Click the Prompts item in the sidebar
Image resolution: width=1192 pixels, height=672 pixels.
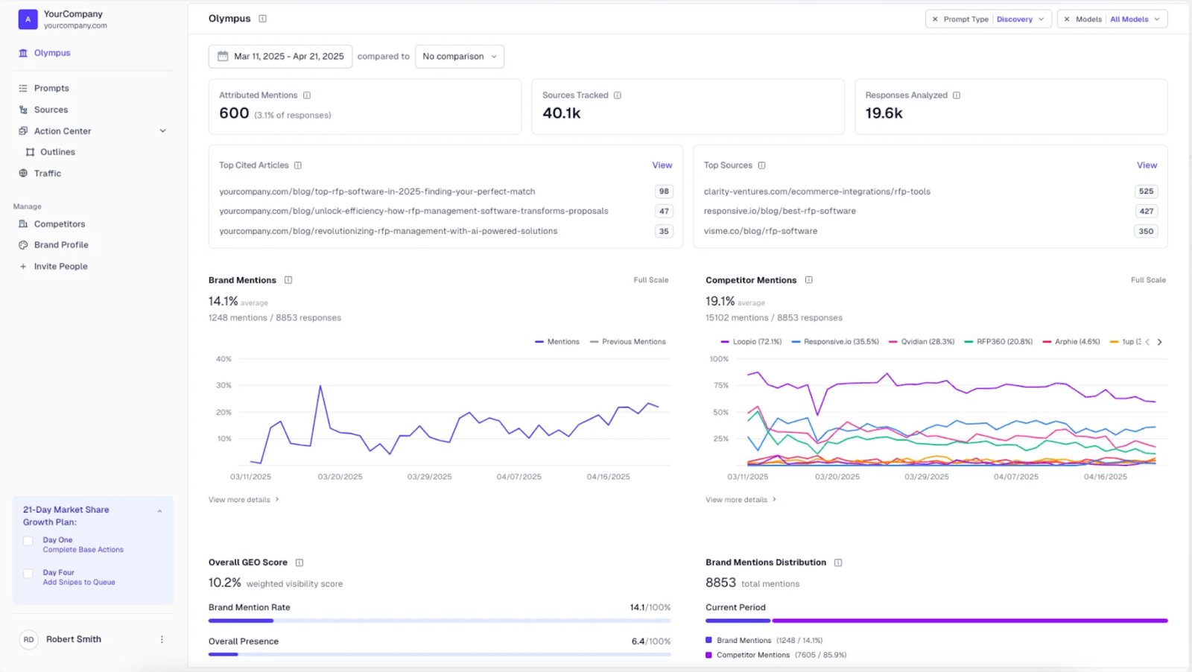(51, 88)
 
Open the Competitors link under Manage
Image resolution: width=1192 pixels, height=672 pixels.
(59, 224)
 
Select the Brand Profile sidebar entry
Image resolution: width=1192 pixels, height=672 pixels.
(60, 244)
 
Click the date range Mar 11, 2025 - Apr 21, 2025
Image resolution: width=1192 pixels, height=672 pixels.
(281, 56)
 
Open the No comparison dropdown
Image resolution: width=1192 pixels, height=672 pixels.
(459, 56)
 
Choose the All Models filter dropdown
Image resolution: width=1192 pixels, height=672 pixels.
(1112, 19)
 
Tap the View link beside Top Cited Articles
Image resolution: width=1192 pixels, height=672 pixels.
(662, 165)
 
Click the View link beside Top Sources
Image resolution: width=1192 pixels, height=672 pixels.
(1147, 165)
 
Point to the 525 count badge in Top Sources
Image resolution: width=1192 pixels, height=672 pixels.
(1146, 191)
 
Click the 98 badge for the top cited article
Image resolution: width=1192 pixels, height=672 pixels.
(663, 191)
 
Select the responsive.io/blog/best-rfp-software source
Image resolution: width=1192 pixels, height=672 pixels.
(779, 211)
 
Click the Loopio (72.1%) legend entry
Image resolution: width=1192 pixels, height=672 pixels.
(751, 341)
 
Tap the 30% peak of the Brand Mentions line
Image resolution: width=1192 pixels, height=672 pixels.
(320, 386)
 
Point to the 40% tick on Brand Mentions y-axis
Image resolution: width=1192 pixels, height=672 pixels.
(223, 359)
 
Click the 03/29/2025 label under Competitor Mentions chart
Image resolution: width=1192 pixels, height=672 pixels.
(926, 477)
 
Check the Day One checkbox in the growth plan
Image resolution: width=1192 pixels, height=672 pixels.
(28, 541)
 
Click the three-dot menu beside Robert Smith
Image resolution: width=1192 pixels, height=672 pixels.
(162, 639)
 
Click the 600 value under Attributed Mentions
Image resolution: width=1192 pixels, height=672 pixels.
(234, 113)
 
